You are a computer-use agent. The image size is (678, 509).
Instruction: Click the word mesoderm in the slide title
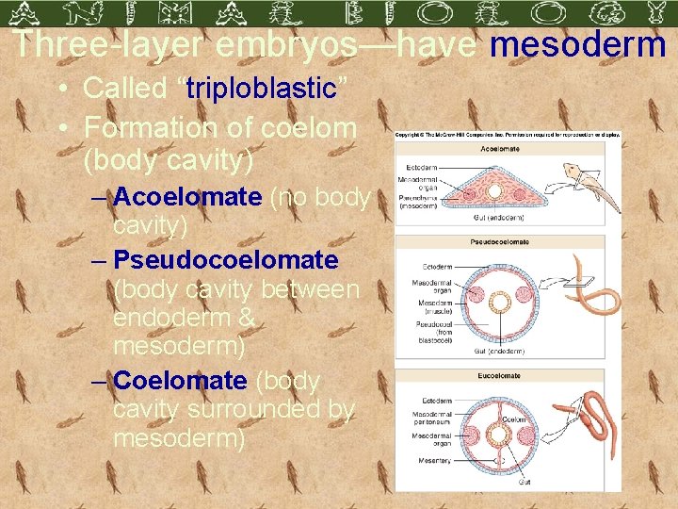(x=578, y=44)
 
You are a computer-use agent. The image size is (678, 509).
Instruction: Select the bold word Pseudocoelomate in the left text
(x=225, y=259)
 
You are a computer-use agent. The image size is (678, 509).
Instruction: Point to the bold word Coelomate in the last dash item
(x=179, y=381)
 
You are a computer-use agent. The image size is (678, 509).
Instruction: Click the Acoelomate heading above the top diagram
(x=500, y=149)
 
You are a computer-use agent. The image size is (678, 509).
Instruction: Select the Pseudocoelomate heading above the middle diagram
(x=500, y=242)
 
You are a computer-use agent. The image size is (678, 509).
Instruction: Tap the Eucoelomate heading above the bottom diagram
(x=500, y=375)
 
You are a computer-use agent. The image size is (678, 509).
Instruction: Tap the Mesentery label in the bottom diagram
(x=434, y=461)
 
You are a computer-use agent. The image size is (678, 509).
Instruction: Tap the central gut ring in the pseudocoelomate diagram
(x=500, y=303)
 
